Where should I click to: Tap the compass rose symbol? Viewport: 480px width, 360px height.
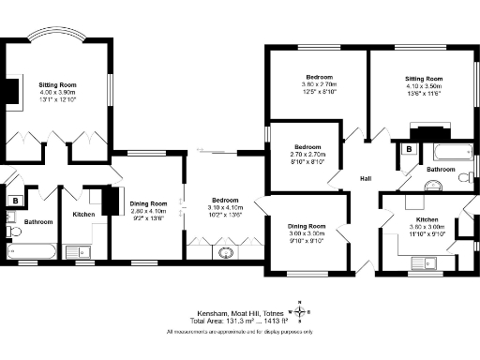tap(299, 311)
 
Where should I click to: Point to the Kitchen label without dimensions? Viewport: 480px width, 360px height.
tap(85, 215)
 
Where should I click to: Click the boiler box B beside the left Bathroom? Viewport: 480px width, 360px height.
tap(16, 200)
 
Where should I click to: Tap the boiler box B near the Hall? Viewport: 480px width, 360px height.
tap(408, 148)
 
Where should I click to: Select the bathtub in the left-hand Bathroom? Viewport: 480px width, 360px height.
tap(33, 251)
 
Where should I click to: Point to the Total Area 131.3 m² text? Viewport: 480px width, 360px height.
tap(238, 321)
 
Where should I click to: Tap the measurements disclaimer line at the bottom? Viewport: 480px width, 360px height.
tap(238, 331)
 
